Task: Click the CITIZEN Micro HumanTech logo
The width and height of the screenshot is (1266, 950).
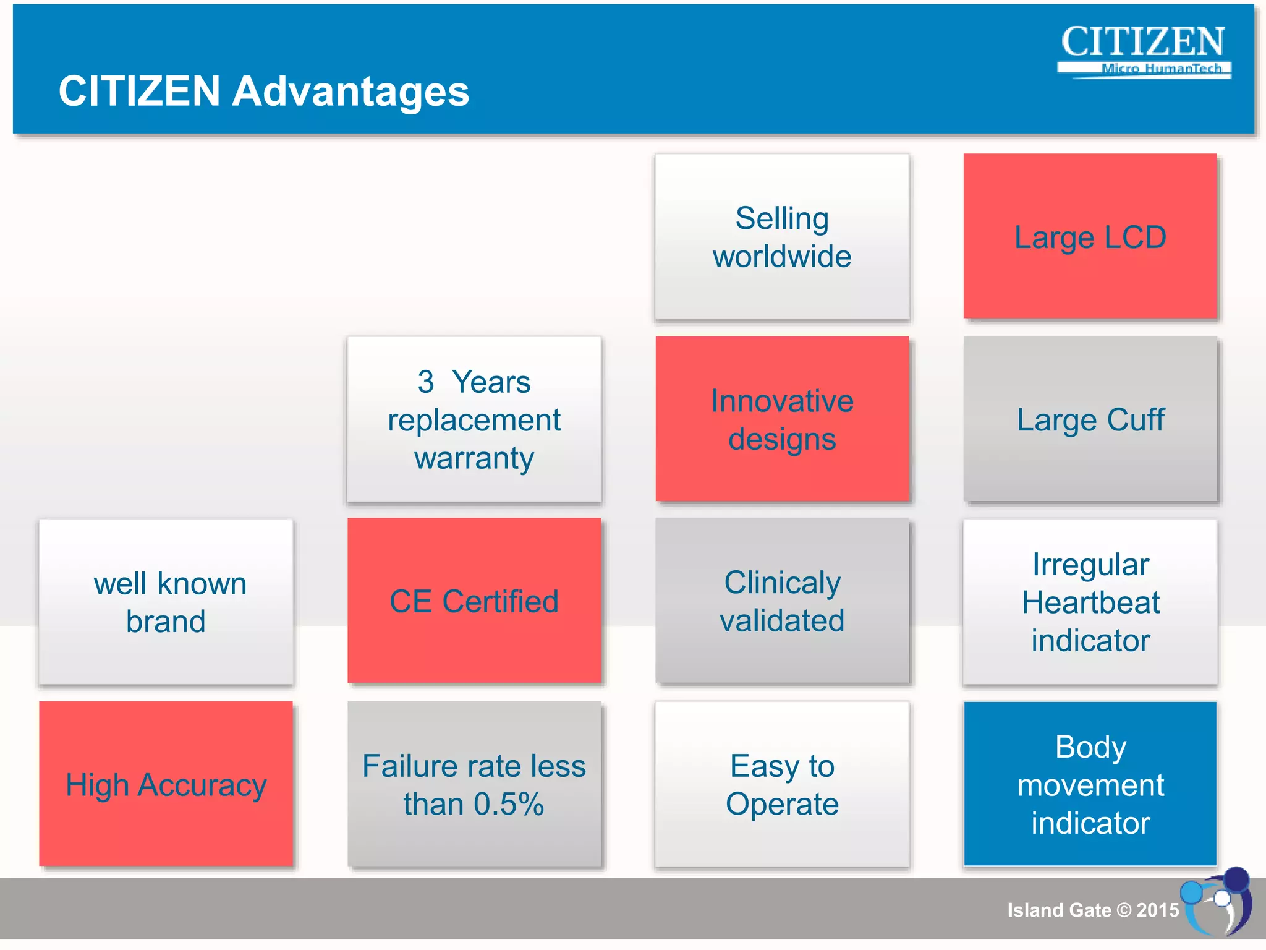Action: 1143,51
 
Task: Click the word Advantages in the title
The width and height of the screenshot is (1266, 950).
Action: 350,92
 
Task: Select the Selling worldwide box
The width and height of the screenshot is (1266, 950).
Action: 782,237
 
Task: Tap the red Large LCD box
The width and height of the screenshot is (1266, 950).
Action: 1090,237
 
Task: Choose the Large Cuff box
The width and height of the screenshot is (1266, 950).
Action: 1090,419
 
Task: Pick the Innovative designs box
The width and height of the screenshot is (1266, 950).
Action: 782,419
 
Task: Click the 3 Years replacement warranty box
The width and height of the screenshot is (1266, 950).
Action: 474,419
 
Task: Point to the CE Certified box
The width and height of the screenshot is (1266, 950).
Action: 474,601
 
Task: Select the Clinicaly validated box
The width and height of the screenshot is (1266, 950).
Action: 782,601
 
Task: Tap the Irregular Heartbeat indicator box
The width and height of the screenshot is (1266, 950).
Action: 1090,601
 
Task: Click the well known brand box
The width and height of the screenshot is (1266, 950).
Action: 166,601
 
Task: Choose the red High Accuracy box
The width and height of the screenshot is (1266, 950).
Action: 166,784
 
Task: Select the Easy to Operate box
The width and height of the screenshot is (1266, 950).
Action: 782,784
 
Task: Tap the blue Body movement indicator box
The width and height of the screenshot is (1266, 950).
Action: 1090,784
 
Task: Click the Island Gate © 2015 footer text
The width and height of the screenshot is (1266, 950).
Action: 1093,910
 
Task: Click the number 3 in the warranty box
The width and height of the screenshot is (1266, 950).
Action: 425,382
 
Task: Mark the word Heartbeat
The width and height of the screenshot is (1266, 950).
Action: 1090,602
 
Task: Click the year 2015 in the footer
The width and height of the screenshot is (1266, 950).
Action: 1157,910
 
